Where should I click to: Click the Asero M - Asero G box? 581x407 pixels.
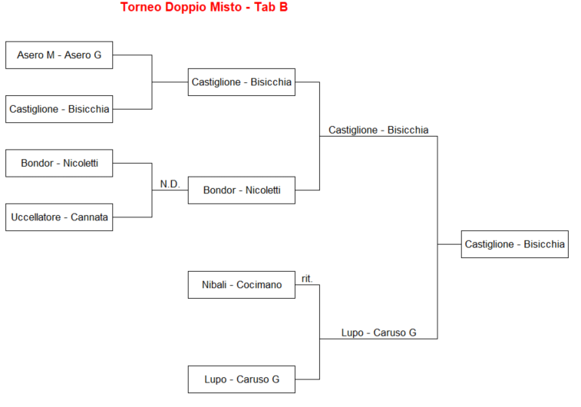pos(59,55)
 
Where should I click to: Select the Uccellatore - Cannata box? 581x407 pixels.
pos(59,217)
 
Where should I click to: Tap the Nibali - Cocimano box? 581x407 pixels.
pos(242,285)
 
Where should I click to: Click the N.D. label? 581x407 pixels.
pos(170,184)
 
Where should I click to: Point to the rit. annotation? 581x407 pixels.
pos(307,279)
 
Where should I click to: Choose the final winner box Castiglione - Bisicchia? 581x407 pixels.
pos(514,244)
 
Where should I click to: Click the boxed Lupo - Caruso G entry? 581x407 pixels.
pos(242,379)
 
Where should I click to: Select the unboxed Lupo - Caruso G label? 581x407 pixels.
pos(378,333)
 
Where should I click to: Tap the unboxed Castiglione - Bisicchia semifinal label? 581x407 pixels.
pos(378,130)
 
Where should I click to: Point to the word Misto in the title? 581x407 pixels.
pos(220,8)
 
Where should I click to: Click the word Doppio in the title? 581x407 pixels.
pos(181,8)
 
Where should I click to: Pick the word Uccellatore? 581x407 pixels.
pos(36,217)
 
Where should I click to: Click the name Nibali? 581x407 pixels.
pos(215,285)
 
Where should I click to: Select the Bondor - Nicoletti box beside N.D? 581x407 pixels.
pos(242,190)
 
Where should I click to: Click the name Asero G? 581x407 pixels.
pos(83,55)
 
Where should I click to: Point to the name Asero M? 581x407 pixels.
pos(35,55)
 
